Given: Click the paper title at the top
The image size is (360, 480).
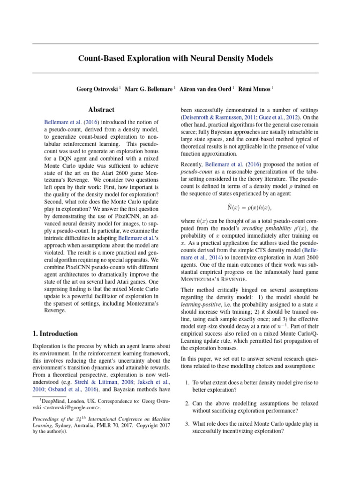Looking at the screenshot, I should click(x=175, y=59).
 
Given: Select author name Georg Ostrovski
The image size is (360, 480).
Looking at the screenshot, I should click(x=97, y=89).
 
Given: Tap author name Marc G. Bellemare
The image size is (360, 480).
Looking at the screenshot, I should click(x=148, y=89).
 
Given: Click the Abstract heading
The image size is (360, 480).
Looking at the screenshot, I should click(x=101, y=110).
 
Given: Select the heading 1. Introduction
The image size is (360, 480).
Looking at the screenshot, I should click(x=55, y=334).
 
